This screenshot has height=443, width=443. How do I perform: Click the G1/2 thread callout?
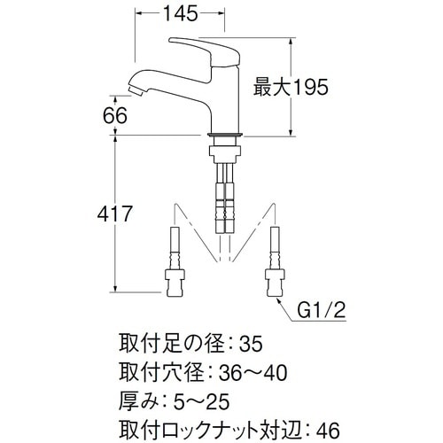pyautogui.click(x=323, y=311)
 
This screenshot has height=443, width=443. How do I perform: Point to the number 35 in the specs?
pyautogui.click(x=251, y=343)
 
